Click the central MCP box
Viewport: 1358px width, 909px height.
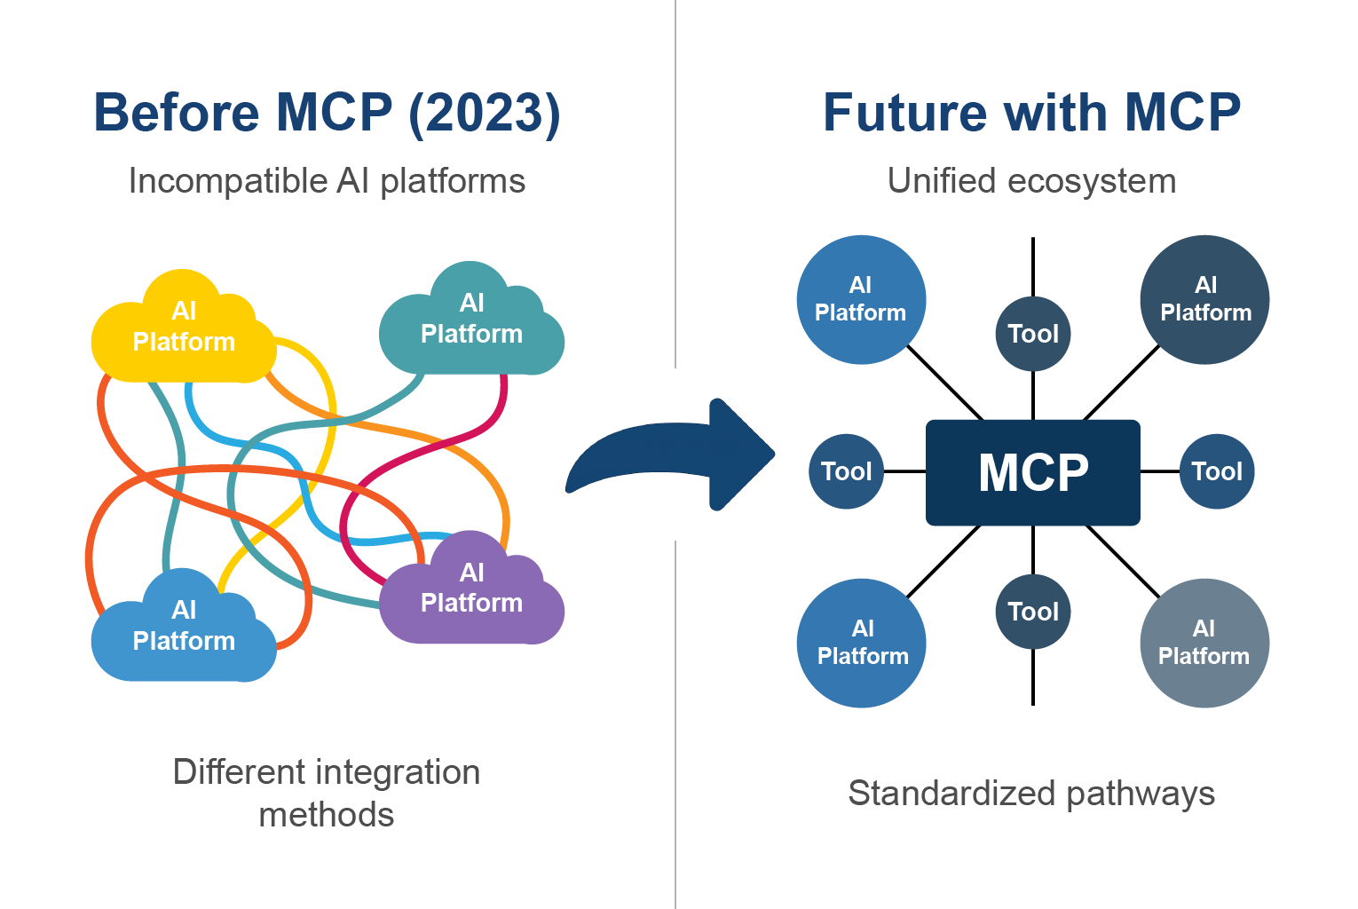(x=1032, y=472)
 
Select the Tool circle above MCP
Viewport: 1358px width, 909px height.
(x=1033, y=334)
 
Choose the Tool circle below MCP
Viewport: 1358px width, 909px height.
(x=1033, y=612)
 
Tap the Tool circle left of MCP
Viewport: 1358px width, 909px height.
(x=846, y=471)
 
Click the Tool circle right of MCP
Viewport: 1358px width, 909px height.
(x=1217, y=471)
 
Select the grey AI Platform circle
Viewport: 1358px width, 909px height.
(x=1204, y=643)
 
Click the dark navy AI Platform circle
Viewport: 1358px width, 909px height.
(x=1204, y=299)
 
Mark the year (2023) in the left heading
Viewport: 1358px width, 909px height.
(x=485, y=114)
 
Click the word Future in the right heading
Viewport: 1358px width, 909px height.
(x=904, y=114)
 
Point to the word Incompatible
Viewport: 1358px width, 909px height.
(x=228, y=181)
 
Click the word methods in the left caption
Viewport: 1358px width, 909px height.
(x=327, y=815)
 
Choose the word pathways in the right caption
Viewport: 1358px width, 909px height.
(x=1141, y=793)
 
